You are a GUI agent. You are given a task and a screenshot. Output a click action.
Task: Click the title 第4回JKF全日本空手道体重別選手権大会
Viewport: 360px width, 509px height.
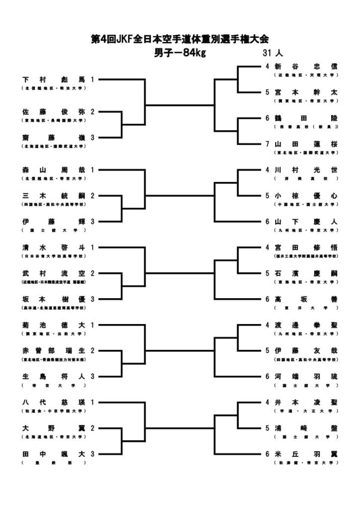180,40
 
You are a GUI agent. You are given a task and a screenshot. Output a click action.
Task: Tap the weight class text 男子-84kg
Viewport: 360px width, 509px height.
180,53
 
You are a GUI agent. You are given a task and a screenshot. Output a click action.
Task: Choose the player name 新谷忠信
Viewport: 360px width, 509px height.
306,67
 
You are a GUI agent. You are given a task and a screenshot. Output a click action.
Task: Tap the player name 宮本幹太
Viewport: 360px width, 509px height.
306,92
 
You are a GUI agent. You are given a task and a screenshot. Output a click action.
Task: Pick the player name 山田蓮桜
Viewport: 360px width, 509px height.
306,144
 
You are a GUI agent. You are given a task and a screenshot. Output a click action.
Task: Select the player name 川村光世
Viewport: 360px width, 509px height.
306,170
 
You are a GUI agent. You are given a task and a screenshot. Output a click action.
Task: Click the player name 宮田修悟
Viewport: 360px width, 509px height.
306,248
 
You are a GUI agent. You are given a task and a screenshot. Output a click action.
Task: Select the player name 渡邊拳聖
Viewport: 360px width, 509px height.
306,325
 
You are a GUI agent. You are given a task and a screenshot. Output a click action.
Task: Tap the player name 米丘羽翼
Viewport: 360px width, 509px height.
306,454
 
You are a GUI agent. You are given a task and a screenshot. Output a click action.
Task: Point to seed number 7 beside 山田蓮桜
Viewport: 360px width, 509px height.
267,144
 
